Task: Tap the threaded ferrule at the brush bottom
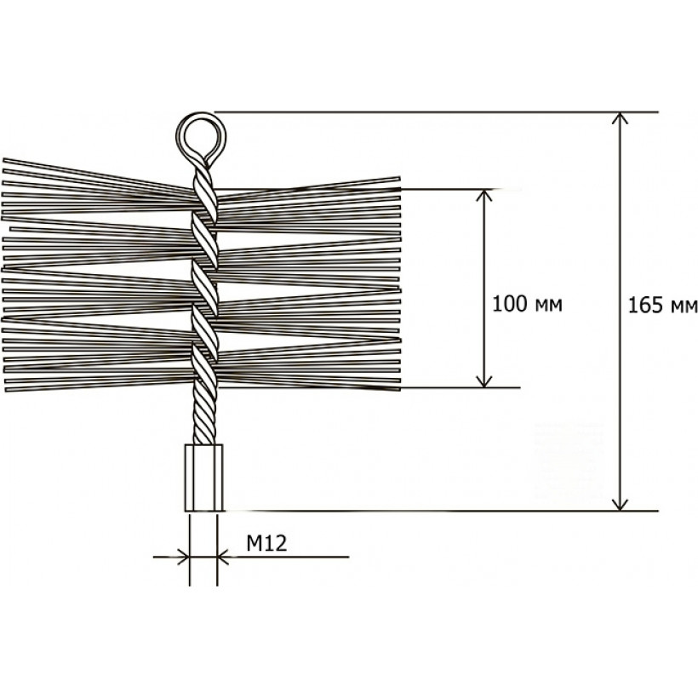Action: [203, 478]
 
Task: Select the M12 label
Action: [266, 543]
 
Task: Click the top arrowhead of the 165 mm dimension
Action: [620, 118]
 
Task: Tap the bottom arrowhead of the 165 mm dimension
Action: [620, 504]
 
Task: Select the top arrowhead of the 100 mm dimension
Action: [484, 197]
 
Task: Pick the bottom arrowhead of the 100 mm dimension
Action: [484, 380]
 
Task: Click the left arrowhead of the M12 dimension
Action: [183, 557]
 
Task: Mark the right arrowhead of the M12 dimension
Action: [224, 557]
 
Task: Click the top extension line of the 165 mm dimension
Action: [436, 112]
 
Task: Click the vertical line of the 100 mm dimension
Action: [484, 289]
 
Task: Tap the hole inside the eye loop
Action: [201, 133]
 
